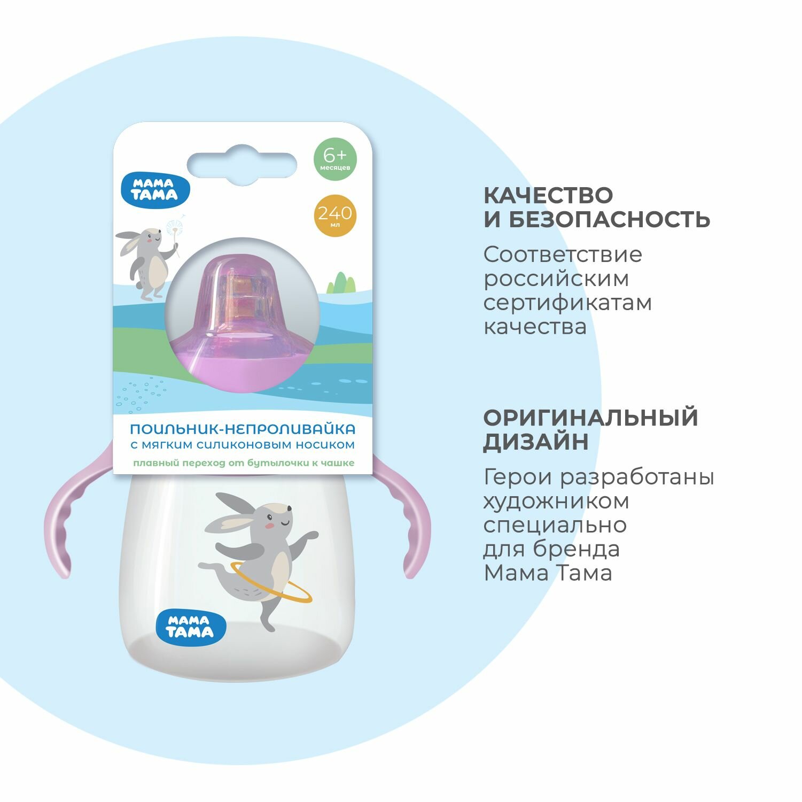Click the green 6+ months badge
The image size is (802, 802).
pos(334,159)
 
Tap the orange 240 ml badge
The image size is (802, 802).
pos(334,215)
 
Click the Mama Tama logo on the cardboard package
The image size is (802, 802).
pos(155,190)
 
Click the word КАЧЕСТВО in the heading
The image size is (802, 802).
pos(548,195)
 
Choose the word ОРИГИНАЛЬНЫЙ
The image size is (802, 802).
pos(591,418)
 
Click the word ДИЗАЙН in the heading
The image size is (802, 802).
pos(536,442)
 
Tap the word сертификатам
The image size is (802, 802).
pos(567,303)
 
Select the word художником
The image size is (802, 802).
pos(556,502)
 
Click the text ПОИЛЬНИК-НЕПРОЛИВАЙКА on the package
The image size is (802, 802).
pos(243,429)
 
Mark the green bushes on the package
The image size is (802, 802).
pos(340,283)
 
